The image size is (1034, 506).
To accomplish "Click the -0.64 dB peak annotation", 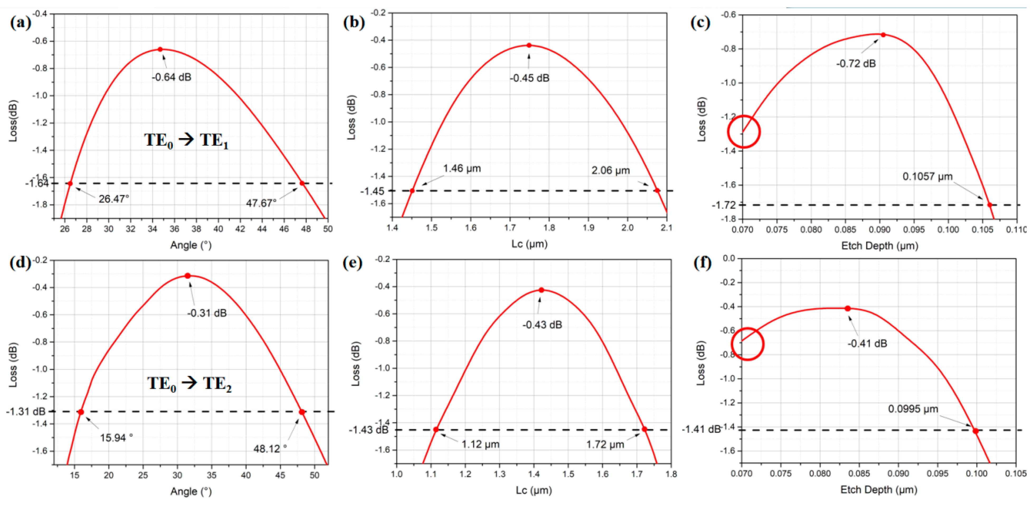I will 171,77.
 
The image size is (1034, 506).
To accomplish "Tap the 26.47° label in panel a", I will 114,199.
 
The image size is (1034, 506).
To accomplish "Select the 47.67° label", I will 261,203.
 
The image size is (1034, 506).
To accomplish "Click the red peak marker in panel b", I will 529,45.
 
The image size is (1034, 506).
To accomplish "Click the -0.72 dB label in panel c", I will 856,63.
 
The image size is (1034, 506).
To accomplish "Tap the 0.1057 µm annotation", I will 927,176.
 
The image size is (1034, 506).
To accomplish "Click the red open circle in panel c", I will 744,132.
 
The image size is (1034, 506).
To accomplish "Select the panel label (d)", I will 20,263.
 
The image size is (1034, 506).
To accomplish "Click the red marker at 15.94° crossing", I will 81,412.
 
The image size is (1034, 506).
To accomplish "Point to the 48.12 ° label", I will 270,448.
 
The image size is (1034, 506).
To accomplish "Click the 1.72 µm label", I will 605,444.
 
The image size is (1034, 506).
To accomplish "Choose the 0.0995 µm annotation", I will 913,409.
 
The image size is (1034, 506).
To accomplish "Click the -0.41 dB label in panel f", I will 867,343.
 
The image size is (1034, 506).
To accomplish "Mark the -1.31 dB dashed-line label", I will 26,412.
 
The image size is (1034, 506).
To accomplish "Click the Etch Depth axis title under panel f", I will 879,490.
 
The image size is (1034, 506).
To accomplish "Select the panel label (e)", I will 353,263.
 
